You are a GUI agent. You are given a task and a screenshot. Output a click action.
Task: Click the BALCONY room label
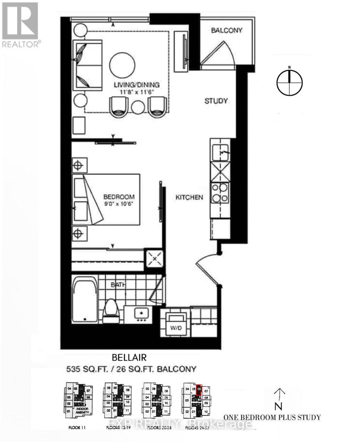[x=226, y=30]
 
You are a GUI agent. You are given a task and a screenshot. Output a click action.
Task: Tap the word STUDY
[x=216, y=101]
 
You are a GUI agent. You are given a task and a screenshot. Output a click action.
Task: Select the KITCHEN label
[x=189, y=197]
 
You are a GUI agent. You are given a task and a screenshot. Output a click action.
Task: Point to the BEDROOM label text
[x=119, y=197]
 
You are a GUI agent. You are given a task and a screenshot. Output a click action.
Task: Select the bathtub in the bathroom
[x=85, y=300]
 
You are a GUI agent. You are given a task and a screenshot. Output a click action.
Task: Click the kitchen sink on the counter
[x=220, y=150]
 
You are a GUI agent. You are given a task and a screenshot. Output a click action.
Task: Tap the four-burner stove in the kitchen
[x=220, y=193]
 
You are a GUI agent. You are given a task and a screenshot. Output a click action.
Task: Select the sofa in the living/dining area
[x=87, y=65]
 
